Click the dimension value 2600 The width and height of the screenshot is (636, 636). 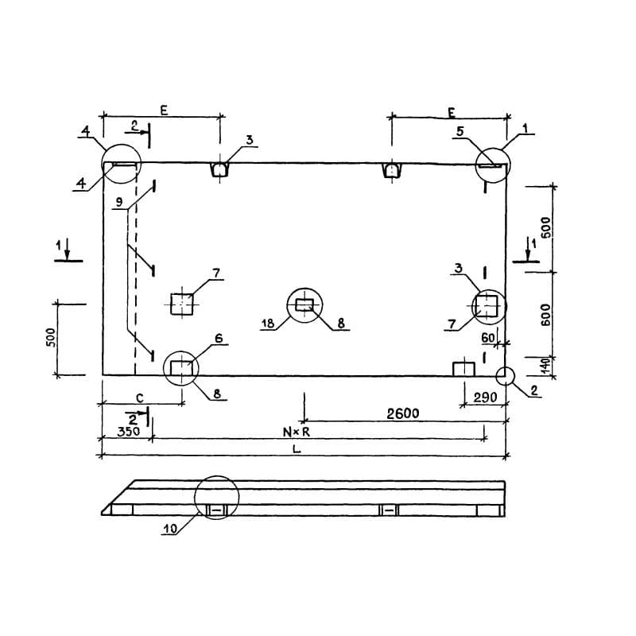(x=403, y=413)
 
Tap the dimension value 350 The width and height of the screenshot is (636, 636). (x=128, y=431)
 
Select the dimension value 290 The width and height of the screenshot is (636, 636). (x=485, y=397)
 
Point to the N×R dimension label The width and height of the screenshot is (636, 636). (x=296, y=432)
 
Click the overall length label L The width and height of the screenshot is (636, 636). (x=297, y=449)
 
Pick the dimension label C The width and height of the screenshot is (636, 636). (x=140, y=398)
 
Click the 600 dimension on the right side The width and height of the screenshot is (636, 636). (x=546, y=315)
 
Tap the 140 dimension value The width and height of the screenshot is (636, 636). (x=546, y=366)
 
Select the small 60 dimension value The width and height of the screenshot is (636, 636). (x=488, y=337)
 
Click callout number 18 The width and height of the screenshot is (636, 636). (x=268, y=324)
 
